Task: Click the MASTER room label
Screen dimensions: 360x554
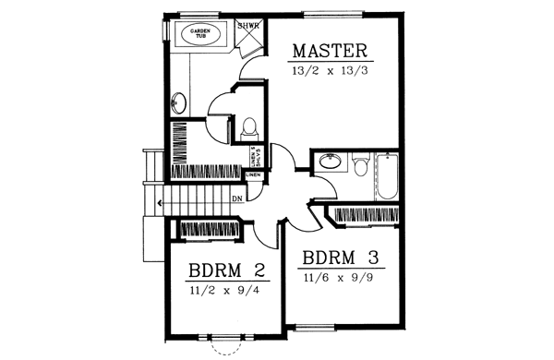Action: pos(331,50)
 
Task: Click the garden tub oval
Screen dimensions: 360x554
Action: pos(199,34)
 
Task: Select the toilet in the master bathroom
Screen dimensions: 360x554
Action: pos(248,130)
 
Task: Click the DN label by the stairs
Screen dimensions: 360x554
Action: pos(237,198)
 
